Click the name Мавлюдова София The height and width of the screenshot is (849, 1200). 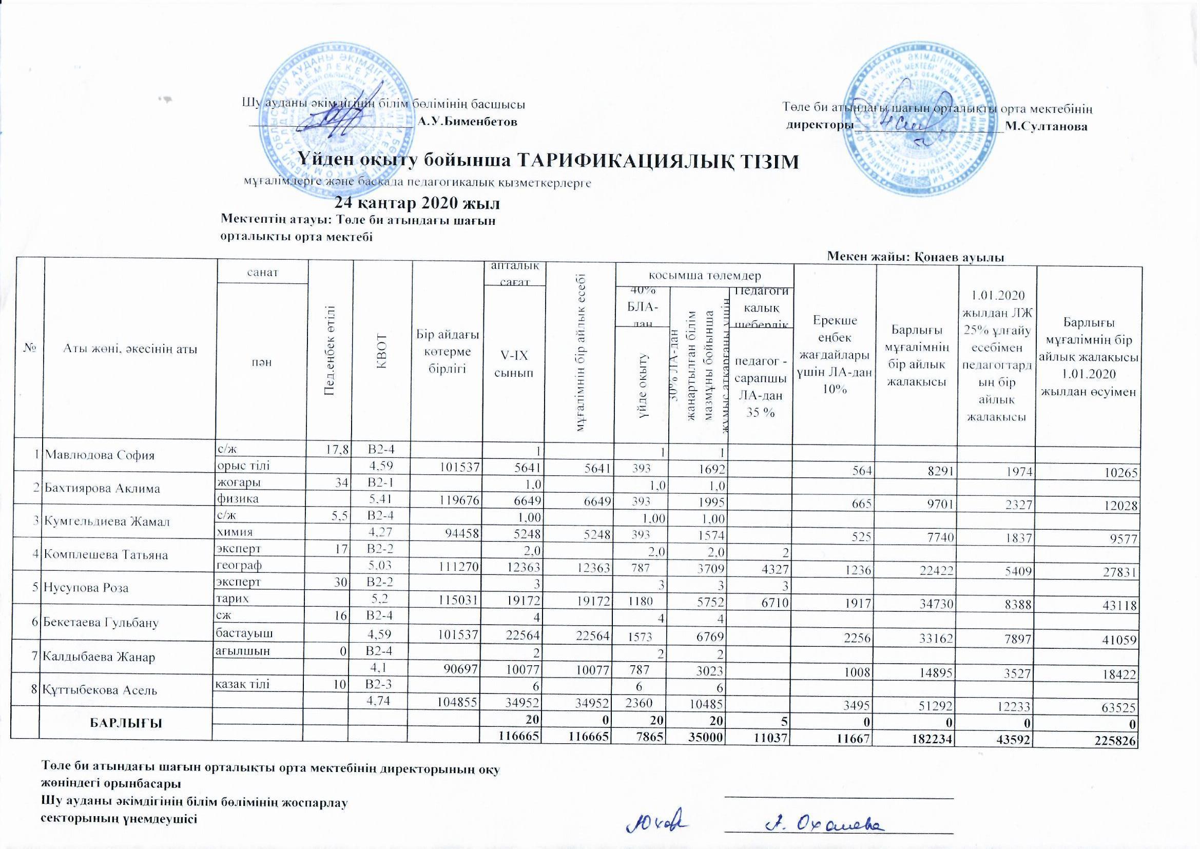100,455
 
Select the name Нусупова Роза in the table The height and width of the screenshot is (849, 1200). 87,588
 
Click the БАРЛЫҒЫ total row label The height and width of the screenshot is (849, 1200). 126,723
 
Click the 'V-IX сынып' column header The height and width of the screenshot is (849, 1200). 514,364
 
